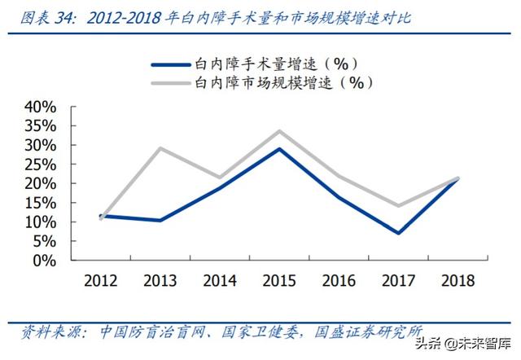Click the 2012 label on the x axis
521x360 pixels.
(x=100, y=281)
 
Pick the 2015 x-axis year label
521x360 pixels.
(x=279, y=281)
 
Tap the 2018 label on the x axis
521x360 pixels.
(x=458, y=281)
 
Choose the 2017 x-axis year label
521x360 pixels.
(x=399, y=281)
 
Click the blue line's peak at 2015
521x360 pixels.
(x=279, y=148)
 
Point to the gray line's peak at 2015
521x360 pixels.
(x=279, y=131)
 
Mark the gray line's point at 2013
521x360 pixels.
(x=160, y=148)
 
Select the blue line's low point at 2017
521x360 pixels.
(x=399, y=233)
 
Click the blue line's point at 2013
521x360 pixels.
(x=160, y=220)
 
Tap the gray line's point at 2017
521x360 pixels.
(x=399, y=206)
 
